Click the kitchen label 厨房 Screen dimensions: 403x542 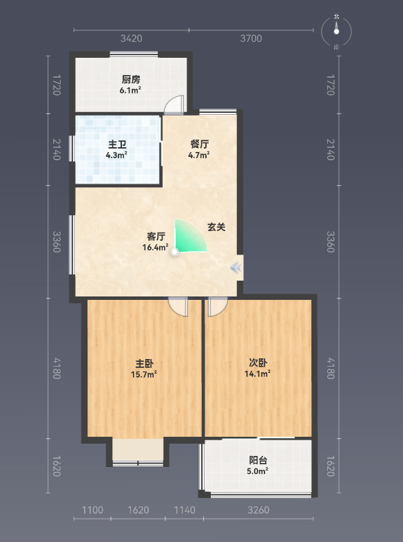tap(131, 80)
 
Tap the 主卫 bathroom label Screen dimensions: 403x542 tap(117, 144)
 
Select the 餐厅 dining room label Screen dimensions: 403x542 tap(199, 144)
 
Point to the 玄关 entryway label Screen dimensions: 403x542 tap(216, 227)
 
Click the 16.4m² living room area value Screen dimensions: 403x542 tap(156, 247)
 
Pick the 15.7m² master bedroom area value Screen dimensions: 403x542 tap(144, 374)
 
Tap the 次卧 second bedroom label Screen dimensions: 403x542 tap(258, 362)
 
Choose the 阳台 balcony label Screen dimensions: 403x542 tap(258, 460)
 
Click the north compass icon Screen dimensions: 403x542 tap(336, 32)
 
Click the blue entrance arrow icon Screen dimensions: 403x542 tap(236, 268)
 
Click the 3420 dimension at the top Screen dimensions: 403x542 tap(131, 39)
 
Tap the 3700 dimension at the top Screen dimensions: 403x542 tap(251, 39)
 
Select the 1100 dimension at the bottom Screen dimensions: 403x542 tap(92, 510)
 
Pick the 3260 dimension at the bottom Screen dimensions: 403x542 tap(258, 510)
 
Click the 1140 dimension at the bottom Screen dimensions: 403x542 tap(185, 510)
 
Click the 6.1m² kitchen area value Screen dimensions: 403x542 tap(130, 91)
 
